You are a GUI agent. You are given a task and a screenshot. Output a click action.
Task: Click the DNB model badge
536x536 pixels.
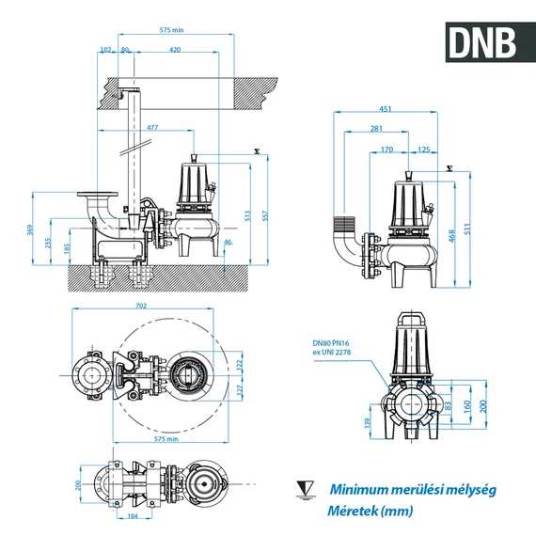point(481,40)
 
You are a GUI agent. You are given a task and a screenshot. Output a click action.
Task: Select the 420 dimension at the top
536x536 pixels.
point(175,50)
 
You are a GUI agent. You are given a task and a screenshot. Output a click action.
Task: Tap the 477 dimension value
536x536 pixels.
point(152,127)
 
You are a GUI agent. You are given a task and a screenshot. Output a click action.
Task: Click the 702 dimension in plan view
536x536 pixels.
point(142,307)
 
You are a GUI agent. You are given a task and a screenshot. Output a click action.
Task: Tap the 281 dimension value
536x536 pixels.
point(376,128)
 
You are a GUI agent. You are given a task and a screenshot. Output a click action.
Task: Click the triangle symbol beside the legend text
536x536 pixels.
point(306,489)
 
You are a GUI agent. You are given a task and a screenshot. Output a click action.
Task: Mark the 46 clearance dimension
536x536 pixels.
point(229,243)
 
